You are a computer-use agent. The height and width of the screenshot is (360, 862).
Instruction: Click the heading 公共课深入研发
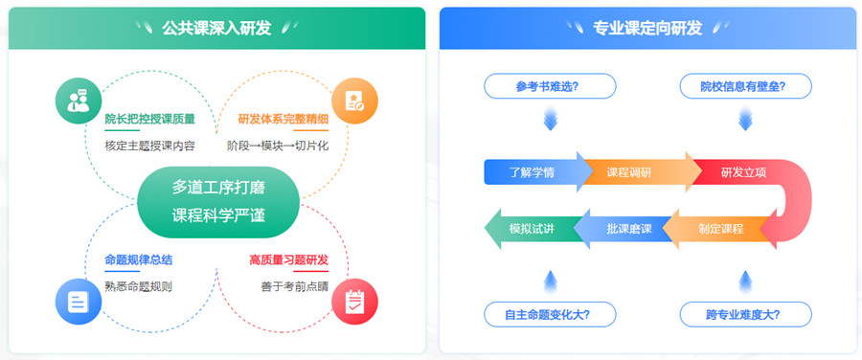pos(216,28)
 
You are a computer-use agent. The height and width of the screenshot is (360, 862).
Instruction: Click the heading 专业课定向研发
pos(647,28)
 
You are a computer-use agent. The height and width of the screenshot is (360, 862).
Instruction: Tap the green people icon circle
pos(79,101)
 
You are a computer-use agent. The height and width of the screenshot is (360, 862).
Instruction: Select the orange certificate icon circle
pos(354,101)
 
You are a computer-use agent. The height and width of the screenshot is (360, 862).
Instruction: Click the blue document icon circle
pos(79,300)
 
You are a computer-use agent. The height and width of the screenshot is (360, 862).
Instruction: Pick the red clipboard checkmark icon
pos(354,300)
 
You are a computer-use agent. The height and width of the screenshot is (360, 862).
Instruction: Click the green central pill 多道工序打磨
pos(217,201)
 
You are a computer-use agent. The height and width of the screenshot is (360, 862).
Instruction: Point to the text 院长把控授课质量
pos(150,120)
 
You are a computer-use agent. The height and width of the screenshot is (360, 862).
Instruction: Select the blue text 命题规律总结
pos(139,259)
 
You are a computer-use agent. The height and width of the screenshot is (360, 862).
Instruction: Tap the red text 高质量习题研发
pos(288,259)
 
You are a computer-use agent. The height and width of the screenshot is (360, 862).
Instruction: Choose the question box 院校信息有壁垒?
pos(745,86)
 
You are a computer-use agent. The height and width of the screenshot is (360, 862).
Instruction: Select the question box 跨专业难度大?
pos(745,313)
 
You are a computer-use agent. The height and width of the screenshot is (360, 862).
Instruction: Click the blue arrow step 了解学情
pos(533,172)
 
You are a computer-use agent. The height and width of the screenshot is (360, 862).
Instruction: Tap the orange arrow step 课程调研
pos(629,172)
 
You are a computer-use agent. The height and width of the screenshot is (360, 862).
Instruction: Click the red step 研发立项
pos(742,172)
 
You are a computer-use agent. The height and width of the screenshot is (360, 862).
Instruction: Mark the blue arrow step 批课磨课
pos(628,229)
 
